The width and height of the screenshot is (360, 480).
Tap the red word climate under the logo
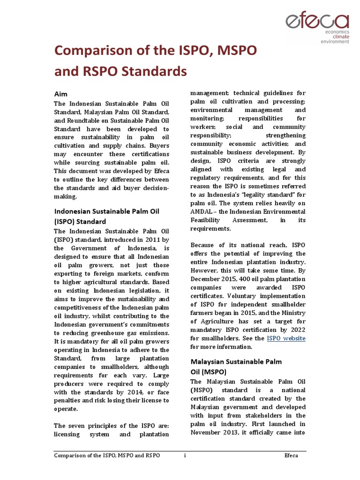[341, 36]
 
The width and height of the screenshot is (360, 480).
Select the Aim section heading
[61, 94]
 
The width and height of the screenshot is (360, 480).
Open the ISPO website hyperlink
[286, 338]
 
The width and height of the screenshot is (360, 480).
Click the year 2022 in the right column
[296, 330]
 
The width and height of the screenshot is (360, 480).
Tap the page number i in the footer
[185, 455]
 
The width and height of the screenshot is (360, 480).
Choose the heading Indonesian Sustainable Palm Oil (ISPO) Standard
[106, 216]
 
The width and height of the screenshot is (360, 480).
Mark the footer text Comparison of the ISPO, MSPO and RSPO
[107, 455]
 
